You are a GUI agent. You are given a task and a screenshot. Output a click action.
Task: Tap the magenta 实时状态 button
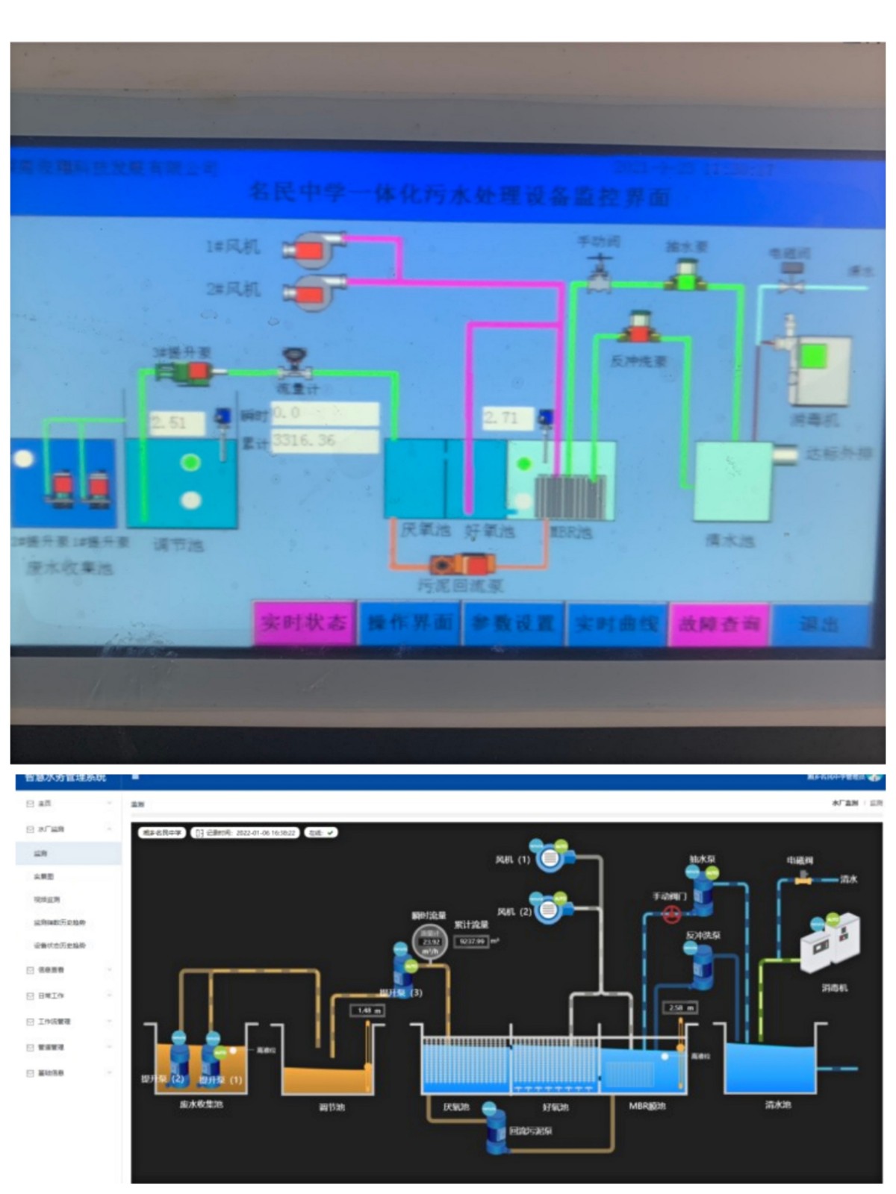click(303, 622)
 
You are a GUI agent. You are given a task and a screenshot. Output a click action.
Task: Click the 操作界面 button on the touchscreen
click(410, 622)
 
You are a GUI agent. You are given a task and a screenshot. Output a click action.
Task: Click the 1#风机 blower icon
click(314, 249)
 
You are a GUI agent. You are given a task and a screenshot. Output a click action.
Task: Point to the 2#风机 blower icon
click(314, 290)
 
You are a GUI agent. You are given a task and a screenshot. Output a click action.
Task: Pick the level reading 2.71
click(507, 418)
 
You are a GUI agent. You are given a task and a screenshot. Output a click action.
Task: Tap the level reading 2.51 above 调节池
click(177, 423)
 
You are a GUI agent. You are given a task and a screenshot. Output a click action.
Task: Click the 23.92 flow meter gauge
click(430, 942)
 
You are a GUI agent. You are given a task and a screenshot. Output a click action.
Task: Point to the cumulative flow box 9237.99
click(472, 942)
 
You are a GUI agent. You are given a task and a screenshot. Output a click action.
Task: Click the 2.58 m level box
click(679, 1007)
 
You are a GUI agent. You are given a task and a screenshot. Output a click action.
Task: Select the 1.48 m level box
click(367, 1010)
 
